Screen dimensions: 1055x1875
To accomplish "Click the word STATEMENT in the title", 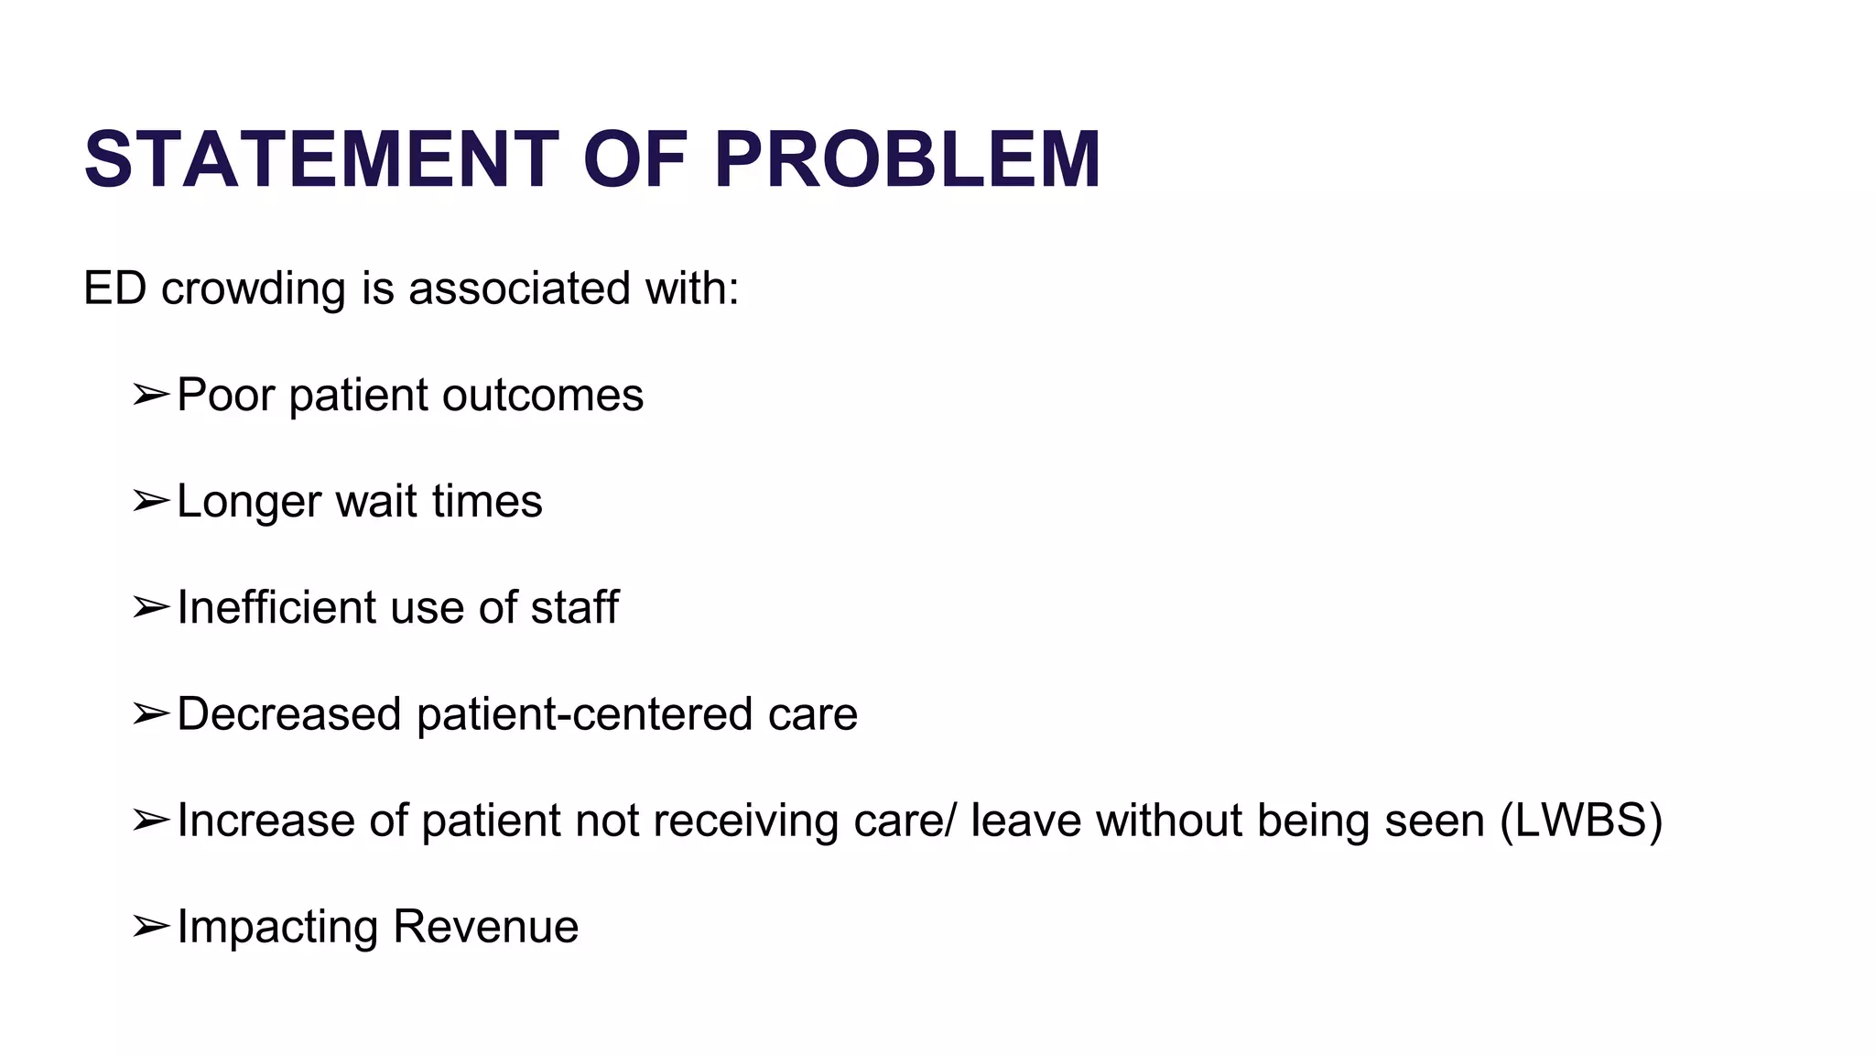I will [321, 159].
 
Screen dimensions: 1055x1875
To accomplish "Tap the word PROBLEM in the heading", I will [906, 159].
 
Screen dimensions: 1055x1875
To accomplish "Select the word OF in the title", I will [634, 159].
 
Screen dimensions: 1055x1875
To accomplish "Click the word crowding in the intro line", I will [253, 289].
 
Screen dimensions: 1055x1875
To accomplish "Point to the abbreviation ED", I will [114, 288].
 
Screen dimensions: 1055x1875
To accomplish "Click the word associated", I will [519, 288].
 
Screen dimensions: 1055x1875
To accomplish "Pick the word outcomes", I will [543, 396].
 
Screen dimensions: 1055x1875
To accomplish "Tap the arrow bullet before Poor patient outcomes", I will [150, 396].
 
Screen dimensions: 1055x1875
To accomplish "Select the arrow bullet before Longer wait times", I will [150, 502].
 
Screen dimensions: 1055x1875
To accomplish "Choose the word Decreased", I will [288, 714].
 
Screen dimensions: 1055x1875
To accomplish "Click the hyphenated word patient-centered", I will [584, 714].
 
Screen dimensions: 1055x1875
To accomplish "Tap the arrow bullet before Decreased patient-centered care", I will [150, 714].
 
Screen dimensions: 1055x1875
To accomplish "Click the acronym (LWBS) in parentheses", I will [1581, 821].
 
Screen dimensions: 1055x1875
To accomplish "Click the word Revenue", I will [485, 927].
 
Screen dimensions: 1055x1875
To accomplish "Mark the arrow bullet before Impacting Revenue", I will [150, 927].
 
